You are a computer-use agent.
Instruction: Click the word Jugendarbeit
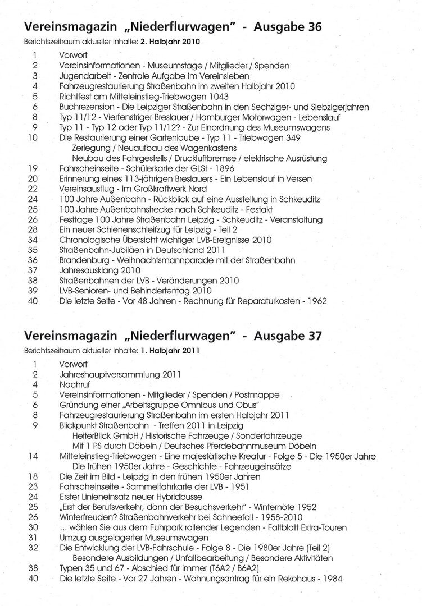click(84, 76)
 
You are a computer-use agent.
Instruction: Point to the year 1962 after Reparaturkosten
click(316, 301)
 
